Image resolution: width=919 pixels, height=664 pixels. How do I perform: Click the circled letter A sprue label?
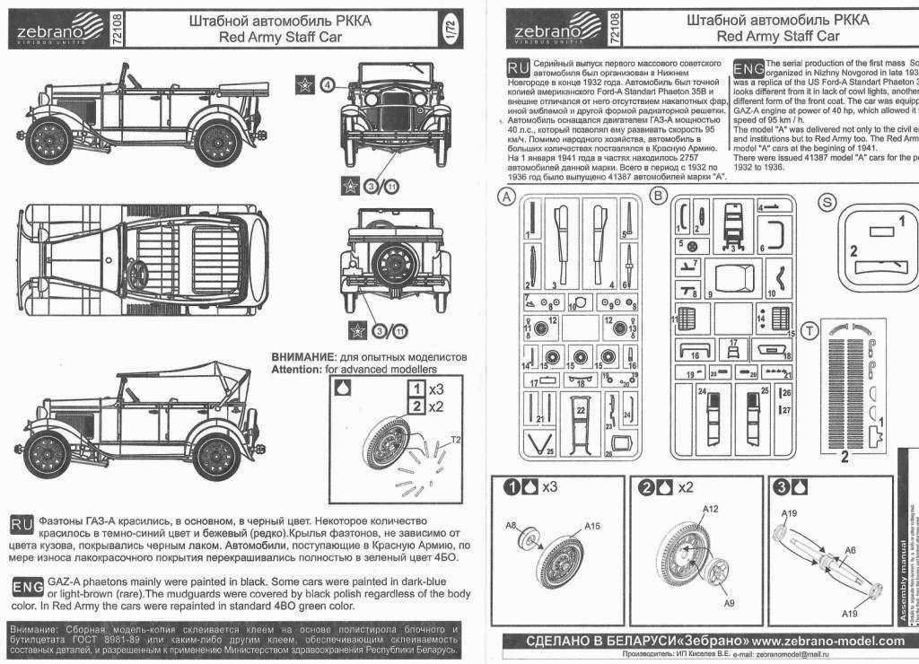[508, 197]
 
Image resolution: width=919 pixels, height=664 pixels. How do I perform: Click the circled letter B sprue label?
[658, 197]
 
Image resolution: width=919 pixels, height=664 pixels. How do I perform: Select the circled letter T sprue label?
[813, 331]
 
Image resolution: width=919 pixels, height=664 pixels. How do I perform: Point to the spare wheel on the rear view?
[391, 264]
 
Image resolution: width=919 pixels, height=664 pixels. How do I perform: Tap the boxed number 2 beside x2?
[415, 406]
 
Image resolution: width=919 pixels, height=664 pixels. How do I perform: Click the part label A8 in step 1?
[512, 525]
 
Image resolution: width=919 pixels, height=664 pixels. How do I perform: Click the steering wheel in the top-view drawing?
[137, 276]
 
